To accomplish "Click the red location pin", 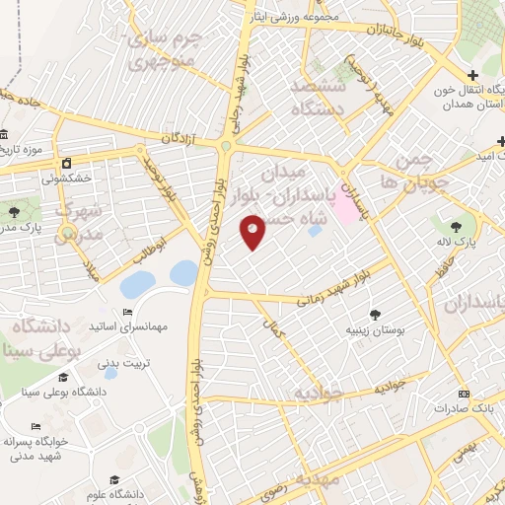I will coord(253,232).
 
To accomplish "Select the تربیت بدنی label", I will coord(126,362).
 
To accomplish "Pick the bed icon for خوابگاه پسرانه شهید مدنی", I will coord(36,427).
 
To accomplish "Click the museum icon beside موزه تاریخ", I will coord(5,134).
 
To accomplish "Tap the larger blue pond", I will coord(137,285).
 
